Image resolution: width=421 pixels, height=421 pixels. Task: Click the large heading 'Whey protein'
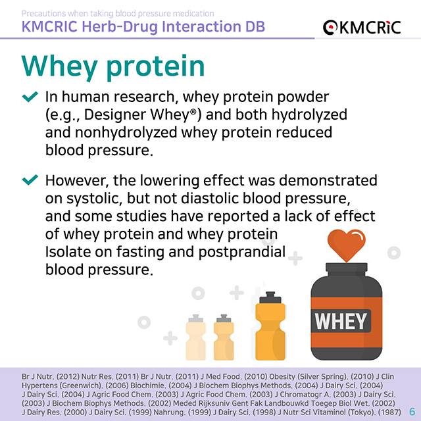113,66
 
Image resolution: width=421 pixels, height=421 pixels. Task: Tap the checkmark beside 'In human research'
30,97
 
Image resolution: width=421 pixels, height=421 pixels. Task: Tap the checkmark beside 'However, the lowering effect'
30,180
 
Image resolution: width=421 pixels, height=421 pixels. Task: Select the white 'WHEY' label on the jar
340,321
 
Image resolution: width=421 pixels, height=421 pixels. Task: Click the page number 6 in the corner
412,410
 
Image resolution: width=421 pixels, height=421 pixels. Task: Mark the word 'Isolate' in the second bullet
67,251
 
